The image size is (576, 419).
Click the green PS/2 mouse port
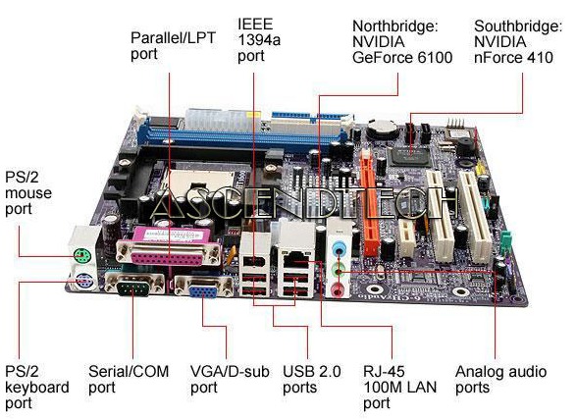point(81,255)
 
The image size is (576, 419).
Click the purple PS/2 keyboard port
point(83,283)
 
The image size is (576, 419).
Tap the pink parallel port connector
point(169,246)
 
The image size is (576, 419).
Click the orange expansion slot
point(369,206)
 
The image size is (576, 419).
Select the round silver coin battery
point(384,129)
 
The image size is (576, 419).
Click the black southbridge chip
point(410,156)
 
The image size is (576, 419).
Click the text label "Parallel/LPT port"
point(173,46)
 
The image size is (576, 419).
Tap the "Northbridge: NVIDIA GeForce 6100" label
point(402,41)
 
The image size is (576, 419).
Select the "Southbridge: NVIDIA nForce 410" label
point(518,41)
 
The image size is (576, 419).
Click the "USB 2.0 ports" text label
point(312,380)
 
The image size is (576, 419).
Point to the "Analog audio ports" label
point(500,380)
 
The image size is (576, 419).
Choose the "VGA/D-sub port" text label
point(230,380)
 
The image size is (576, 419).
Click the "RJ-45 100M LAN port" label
point(399,388)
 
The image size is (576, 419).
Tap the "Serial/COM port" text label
point(129,380)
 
